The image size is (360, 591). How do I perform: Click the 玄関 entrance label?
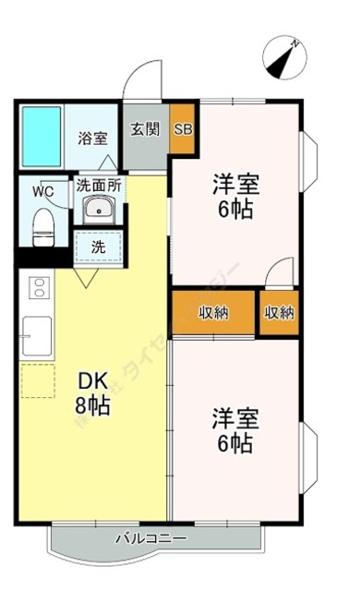coord(144,128)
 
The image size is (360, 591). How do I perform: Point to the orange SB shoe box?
coord(182,128)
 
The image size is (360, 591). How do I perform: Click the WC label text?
coord(43,191)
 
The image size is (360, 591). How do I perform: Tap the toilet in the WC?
coord(43,225)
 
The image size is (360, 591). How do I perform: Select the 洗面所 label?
coord(99,185)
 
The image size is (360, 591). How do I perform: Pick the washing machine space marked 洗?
coord(98,247)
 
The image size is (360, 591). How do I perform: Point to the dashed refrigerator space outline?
coord(38,380)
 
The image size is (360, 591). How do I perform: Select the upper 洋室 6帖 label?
coord(236,196)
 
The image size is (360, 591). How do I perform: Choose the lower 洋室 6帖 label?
coord(236,430)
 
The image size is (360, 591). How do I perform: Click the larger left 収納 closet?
coord(214,313)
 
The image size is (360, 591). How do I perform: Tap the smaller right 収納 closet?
coord(279,313)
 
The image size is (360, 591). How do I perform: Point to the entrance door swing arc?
coord(143,78)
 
